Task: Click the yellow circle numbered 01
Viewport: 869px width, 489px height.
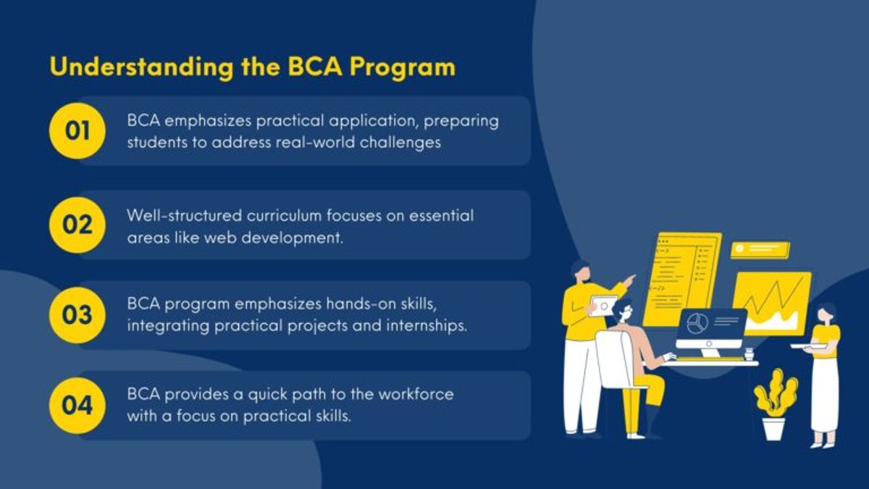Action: click(x=77, y=131)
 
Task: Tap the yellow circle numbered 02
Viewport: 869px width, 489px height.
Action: click(x=77, y=225)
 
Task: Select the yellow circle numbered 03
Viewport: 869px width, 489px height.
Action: click(x=77, y=315)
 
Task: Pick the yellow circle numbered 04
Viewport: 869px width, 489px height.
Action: click(x=77, y=406)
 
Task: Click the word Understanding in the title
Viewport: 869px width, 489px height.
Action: click(x=142, y=67)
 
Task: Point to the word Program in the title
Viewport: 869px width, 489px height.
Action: click(x=403, y=68)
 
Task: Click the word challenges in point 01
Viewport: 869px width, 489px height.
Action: click(x=400, y=143)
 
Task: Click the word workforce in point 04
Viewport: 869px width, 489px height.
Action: click(x=416, y=394)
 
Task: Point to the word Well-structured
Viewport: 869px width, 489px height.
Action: click(x=184, y=216)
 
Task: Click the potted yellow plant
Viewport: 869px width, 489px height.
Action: click(x=775, y=404)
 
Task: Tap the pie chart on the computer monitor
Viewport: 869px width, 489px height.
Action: click(x=697, y=323)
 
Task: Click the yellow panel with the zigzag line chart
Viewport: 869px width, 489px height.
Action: click(x=772, y=304)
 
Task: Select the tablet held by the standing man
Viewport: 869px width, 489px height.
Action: click(x=603, y=306)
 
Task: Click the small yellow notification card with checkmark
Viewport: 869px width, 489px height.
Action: click(x=760, y=250)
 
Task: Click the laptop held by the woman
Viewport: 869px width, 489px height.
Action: click(x=809, y=346)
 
